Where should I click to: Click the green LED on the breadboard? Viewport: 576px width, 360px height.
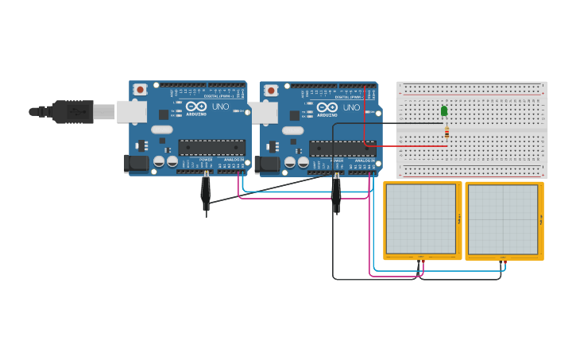coord(444,110)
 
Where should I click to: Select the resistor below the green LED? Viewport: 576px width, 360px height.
coord(446,132)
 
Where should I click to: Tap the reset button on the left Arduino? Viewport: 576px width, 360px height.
coord(140,89)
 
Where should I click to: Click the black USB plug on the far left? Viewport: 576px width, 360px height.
coord(72,112)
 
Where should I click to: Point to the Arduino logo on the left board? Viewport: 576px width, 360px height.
coord(196,106)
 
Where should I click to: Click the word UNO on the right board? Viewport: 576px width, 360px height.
coord(351,107)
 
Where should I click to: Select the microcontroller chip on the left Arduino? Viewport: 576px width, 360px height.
coord(211,147)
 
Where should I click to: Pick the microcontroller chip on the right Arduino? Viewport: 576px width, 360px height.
coord(342,148)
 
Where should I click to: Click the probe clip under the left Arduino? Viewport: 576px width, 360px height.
coord(206,190)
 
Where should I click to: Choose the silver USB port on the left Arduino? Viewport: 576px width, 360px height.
coord(131,112)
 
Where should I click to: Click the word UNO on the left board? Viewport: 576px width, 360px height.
coord(220,106)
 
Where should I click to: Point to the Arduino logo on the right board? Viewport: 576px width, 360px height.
coord(327,107)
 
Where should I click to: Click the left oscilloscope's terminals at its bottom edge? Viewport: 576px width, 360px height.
coord(420,258)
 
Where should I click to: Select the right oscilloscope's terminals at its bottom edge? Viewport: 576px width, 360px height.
coord(502,259)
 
